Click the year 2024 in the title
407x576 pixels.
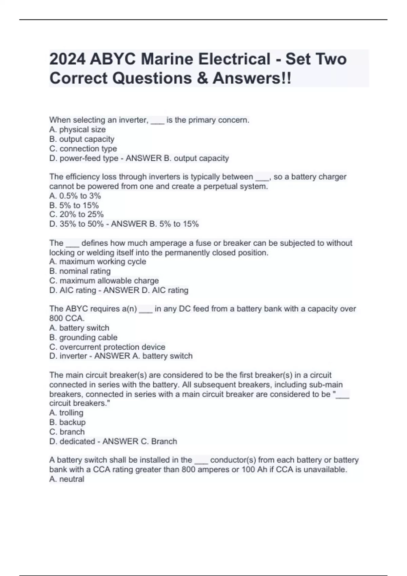(x=67, y=59)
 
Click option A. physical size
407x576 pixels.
(x=77, y=129)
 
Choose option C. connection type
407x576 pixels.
(x=83, y=148)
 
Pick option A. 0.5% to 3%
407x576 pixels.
(x=75, y=196)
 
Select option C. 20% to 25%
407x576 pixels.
(x=76, y=214)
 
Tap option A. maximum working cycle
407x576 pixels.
(x=98, y=262)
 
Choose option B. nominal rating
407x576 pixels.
(x=80, y=271)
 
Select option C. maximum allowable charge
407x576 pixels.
(x=104, y=281)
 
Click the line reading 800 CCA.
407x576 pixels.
(x=67, y=318)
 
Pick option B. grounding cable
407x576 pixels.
(x=83, y=337)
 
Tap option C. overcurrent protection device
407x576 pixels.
(x=107, y=347)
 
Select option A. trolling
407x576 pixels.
(x=66, y=413)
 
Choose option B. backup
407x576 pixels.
(x=67, y=422)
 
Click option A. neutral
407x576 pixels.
(x=66, y=479)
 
